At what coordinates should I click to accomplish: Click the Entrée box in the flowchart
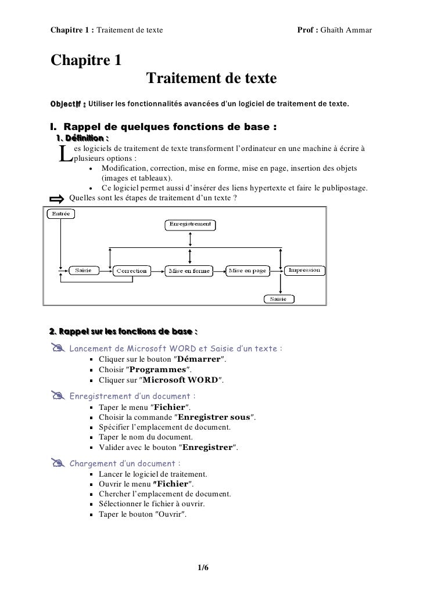[60, 214]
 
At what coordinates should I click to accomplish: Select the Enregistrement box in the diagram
[189, 224]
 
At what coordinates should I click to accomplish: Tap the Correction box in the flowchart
[131, 271]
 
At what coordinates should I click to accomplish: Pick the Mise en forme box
[188, 271]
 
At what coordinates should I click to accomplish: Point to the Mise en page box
[248, 271]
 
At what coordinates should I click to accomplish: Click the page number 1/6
[203, 567]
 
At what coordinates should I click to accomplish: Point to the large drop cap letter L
[65, 153]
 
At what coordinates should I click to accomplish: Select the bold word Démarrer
[199, 359]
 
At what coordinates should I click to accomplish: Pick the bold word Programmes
[157, 370]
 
